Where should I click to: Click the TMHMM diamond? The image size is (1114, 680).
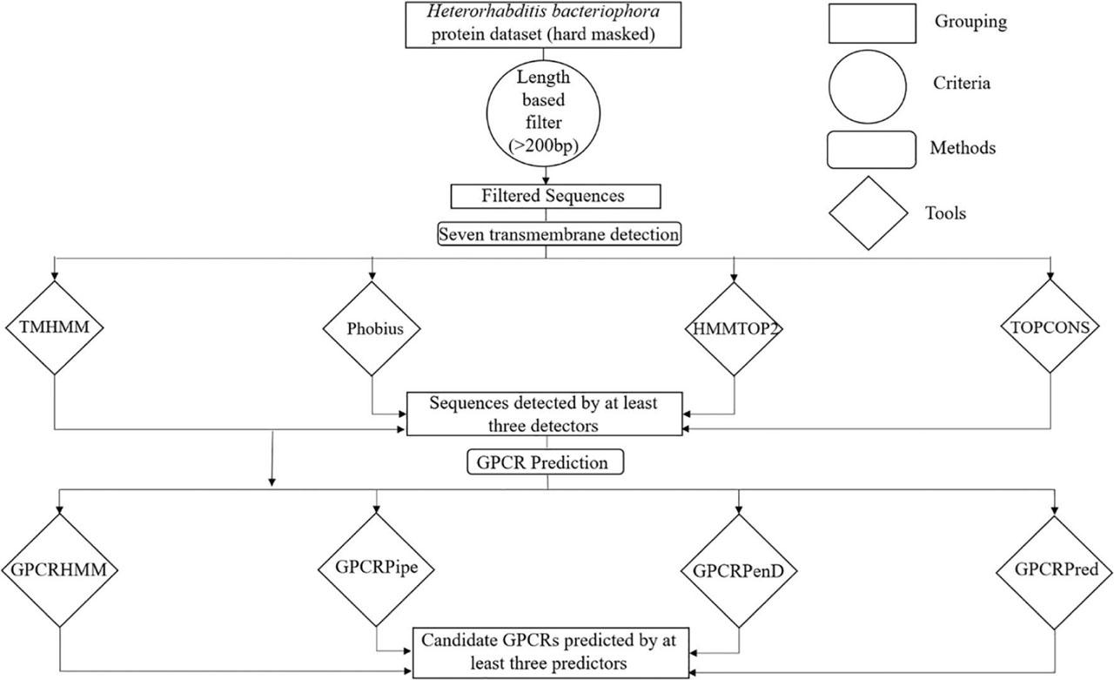(54, 327)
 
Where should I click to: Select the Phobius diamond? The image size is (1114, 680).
(372, 329)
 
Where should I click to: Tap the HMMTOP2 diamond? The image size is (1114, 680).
(734, 329)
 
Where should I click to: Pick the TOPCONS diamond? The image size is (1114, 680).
(1050, 327)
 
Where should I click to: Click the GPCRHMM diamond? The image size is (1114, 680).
(60, 570)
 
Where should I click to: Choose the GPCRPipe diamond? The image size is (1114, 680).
(377, 569)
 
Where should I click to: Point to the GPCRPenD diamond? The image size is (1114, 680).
(739, 571)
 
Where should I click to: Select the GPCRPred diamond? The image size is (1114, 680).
(1055, 573)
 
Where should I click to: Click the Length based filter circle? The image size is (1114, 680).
(543, 113)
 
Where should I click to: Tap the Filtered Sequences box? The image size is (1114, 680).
(555, 197)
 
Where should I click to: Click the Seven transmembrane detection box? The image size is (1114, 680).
(559, 234)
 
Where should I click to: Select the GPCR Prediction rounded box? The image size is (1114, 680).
(545, 462)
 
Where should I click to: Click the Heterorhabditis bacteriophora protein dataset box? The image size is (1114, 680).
(543, 25)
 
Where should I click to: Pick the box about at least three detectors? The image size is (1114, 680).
(545, 414)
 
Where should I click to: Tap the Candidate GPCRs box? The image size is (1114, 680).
(551, 653)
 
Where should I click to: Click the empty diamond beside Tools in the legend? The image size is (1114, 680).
(868, 213)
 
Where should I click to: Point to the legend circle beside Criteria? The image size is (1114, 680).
(868, 86)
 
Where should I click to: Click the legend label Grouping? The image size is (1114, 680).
(970, 22)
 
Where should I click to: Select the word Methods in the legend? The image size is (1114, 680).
(963, 148)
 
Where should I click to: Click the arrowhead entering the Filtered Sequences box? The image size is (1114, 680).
(546, 180)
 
